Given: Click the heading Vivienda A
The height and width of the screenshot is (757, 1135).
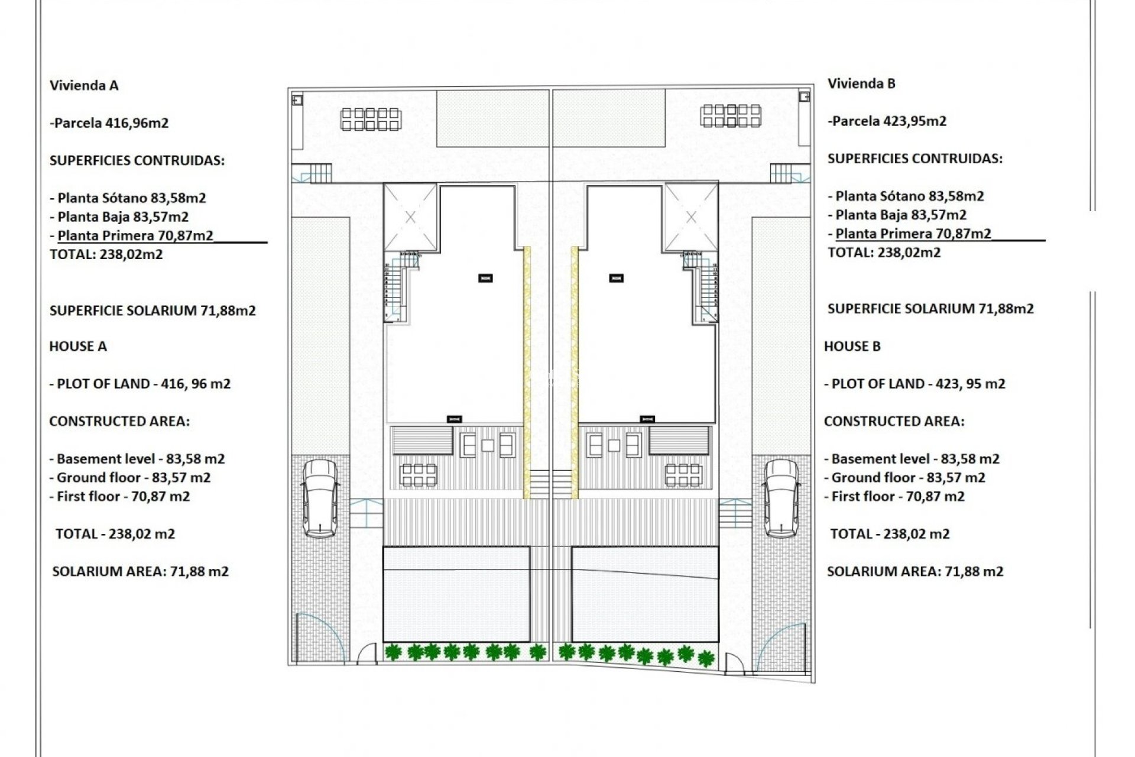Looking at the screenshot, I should tap(84, 86).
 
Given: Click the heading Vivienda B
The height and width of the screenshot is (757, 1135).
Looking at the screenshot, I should tap(861, 84).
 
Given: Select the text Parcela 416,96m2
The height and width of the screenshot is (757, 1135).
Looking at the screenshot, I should tap(111, 123).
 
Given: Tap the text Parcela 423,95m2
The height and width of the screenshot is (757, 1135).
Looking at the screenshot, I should tap(889, 121).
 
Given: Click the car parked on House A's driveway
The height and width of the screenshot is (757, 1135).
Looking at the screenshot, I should tap(320, 498).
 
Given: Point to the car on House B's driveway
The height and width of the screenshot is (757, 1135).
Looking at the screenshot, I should tap(781, 498).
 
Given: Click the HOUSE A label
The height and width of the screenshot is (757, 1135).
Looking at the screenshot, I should tap(78, 347).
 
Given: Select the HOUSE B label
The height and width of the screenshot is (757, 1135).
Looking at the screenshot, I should tap(852, 347).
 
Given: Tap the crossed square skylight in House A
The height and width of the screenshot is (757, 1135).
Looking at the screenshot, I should tap(410, 218).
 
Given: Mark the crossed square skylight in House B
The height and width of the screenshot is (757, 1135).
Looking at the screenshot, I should tap(691, 218).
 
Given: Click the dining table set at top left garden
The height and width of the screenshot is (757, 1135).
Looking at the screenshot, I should tap(371, 119).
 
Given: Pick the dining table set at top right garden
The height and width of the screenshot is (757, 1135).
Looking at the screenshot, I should tap(731, 116).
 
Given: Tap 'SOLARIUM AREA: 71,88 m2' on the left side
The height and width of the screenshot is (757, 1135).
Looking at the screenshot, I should tap(140, 572).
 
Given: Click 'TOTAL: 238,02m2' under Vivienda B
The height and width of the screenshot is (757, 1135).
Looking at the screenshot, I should tap(884, 253).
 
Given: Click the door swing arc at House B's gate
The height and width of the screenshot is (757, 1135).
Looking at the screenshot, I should tap(781, 645).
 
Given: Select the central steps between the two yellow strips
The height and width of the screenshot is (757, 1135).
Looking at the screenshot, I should tap(551, 484).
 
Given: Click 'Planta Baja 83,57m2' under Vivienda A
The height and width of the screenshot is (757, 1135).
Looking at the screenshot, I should tap(123, 217).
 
